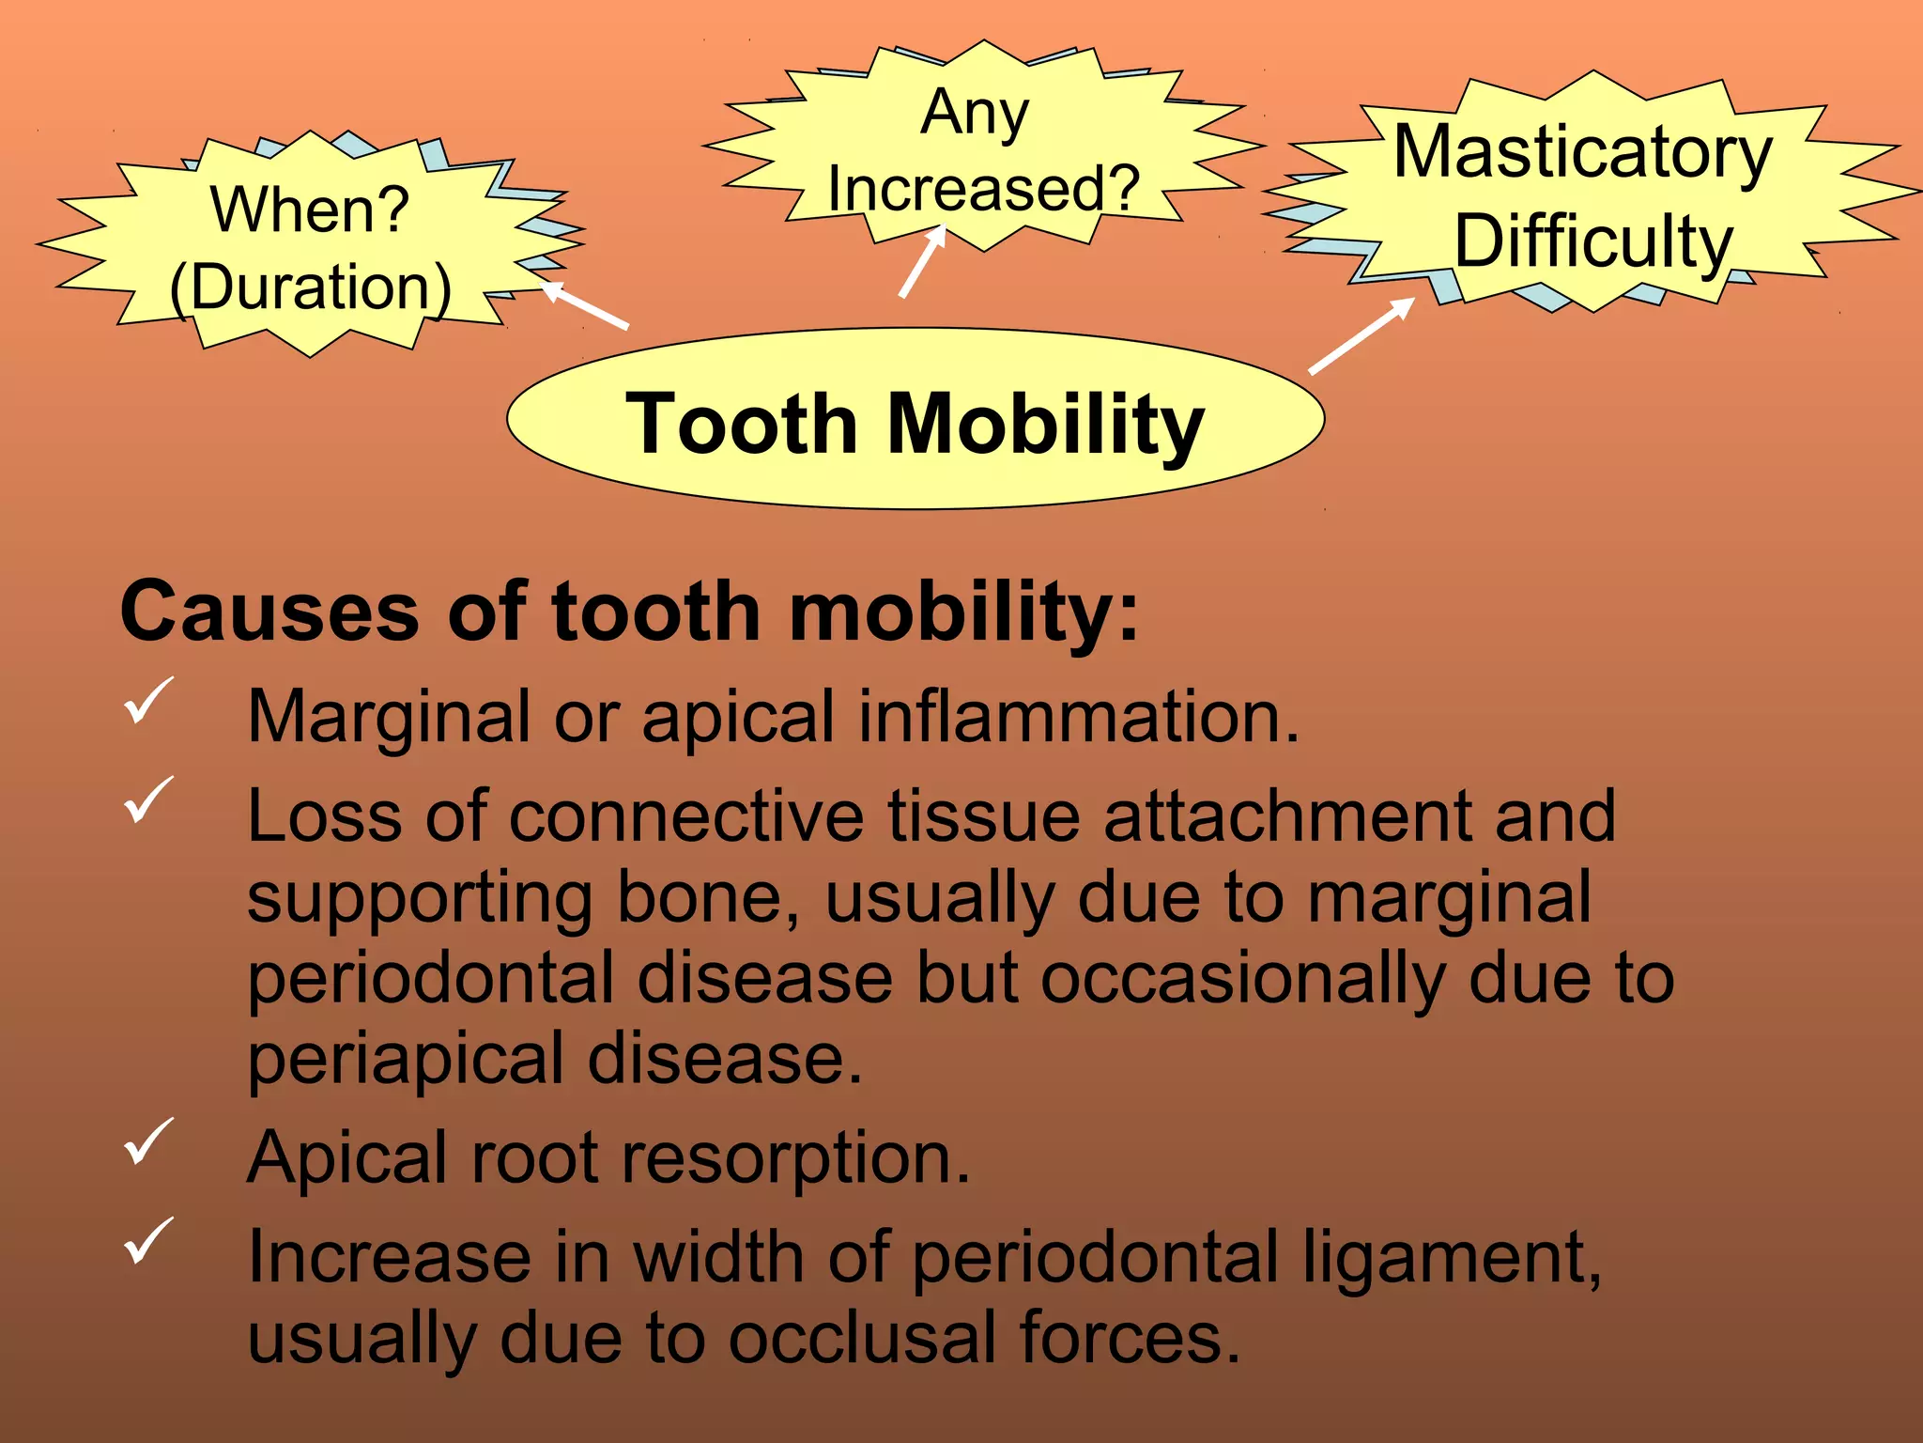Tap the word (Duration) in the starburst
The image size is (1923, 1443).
[310, 287]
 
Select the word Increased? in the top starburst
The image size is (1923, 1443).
[983, 188]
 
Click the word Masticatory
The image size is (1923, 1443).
[1582, 152]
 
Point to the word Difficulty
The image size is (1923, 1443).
[1592, 241]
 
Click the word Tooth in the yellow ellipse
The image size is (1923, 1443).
[742, 424]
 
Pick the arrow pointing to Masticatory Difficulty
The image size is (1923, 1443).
[1361, 335]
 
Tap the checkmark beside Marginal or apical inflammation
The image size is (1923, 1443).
[147, 701]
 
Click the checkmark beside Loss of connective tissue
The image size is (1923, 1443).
[147, 799]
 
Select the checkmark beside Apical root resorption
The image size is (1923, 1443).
[147, 1141]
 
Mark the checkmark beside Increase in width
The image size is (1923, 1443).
[147, 1240]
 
